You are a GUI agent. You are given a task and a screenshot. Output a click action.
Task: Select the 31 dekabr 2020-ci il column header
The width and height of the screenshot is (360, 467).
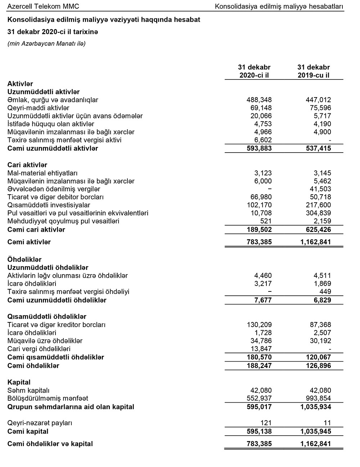pos(254,71)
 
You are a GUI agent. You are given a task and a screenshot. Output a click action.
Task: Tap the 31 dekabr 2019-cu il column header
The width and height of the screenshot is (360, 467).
pos(314,71)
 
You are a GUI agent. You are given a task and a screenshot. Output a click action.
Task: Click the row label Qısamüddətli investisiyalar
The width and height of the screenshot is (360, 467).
pos(49,205)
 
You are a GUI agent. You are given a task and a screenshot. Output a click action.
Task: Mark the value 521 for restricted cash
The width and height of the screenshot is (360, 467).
pos(266,221)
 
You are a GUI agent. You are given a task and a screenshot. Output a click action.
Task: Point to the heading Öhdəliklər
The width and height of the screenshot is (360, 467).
pos(24,259)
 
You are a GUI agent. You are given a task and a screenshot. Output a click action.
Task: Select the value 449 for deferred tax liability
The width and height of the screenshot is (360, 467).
pos(325,291)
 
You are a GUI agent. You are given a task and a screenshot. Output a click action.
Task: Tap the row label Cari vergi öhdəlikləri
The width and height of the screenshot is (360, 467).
pos(39,349)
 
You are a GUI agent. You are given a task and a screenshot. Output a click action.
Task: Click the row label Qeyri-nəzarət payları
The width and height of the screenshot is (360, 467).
pos(42,423)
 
